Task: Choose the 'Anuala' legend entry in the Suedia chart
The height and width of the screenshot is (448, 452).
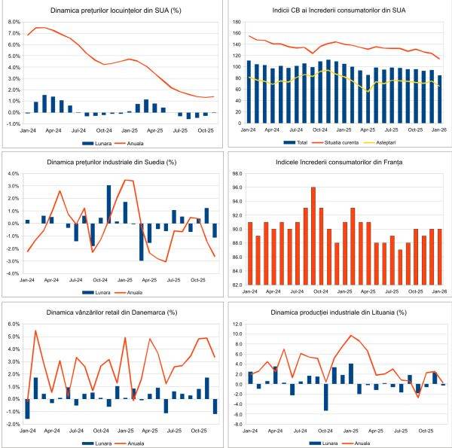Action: [x=133, y=291]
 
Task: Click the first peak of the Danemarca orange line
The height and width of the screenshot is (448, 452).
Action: [x=35, y=331]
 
